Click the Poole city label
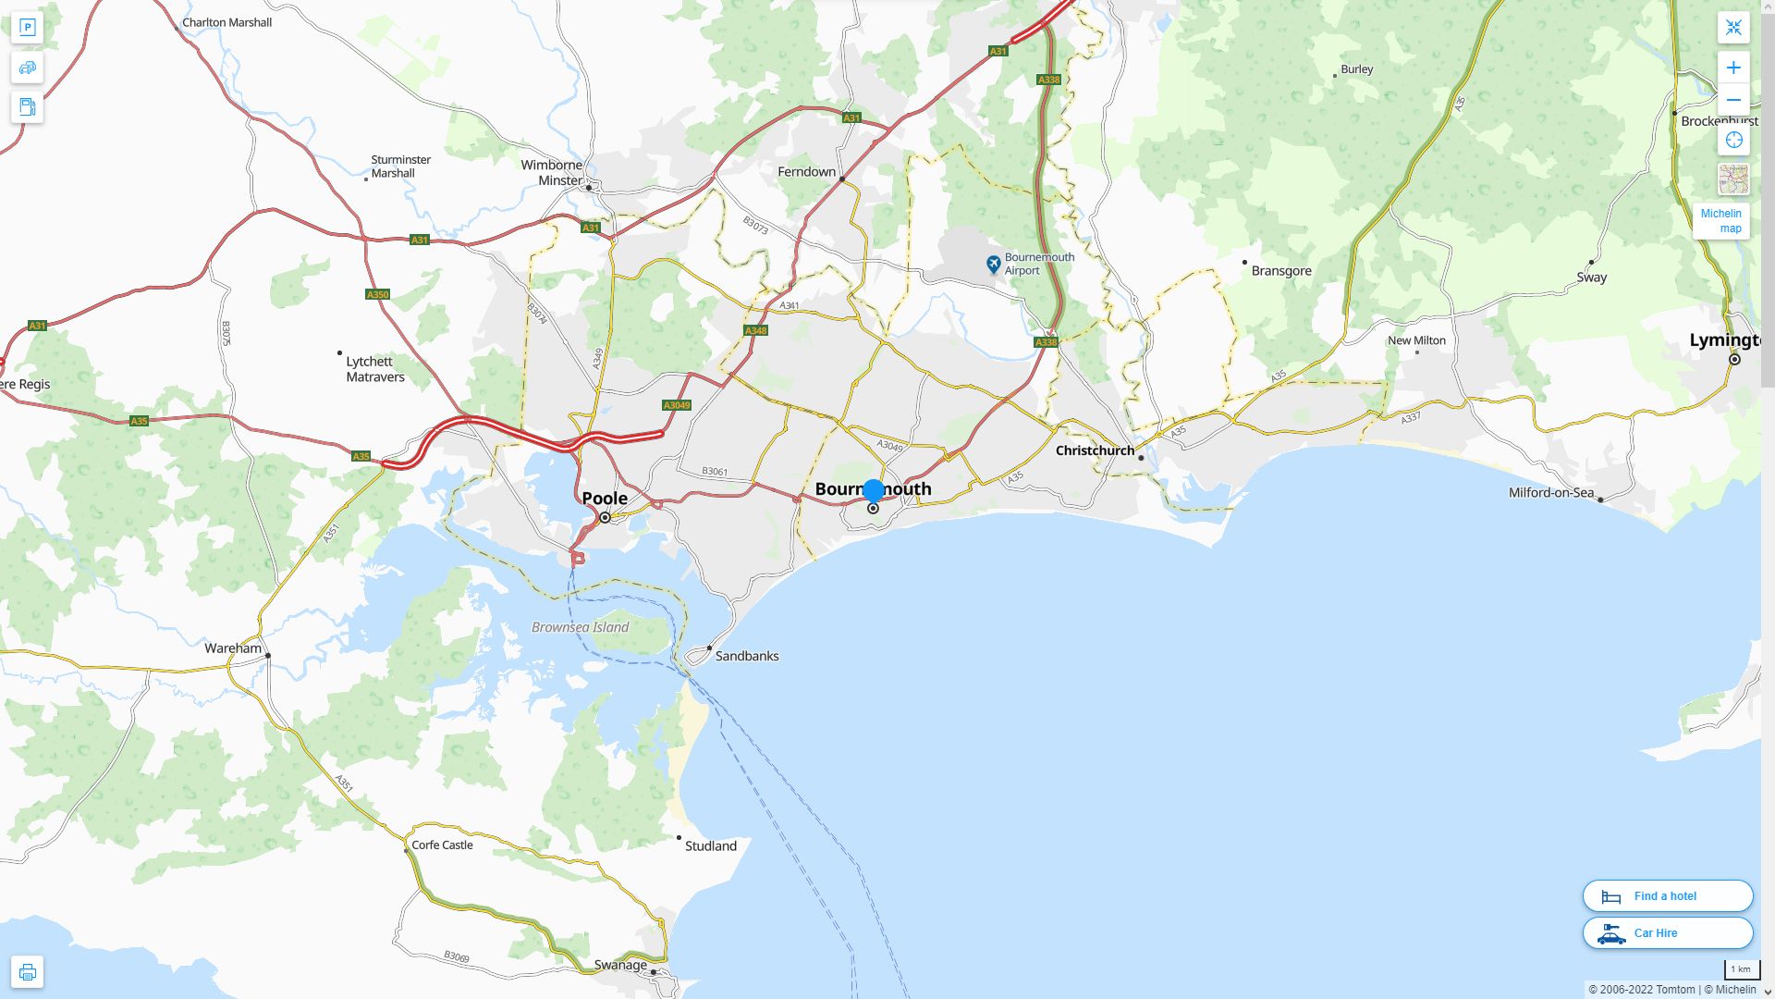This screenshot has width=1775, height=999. (x=605, y=499)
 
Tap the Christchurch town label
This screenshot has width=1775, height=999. (x=1095, y=450)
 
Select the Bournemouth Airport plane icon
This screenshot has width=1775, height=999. (x=993, y=265)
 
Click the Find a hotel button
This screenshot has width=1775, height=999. (x=1667, y=895)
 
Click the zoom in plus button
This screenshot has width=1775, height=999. (x=1733, y=68)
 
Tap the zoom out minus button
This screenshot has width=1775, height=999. (x=1733, y=100)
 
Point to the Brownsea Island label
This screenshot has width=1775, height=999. (x=580, y=627)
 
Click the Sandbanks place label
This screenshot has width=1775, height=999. (x=746, y=656)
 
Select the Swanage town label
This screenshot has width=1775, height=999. (x=620, y=965)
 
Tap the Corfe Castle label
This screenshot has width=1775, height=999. (x=442, y=845)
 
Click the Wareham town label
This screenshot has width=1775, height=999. (x=233, y=648)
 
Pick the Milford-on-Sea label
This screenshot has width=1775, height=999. (x=1550, y=492)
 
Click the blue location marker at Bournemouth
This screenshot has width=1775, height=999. (x=873, y=490)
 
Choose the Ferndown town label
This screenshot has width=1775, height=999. (x=806, y=172)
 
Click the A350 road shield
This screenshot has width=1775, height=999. (x=377, y=294)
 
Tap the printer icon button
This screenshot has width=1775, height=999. (x=27, y=971)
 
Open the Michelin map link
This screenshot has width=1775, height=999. (x=1720, y=221)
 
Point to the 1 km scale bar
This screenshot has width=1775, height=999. (x=1741, y=969)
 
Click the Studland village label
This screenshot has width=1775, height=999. (x=710, y=845)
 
